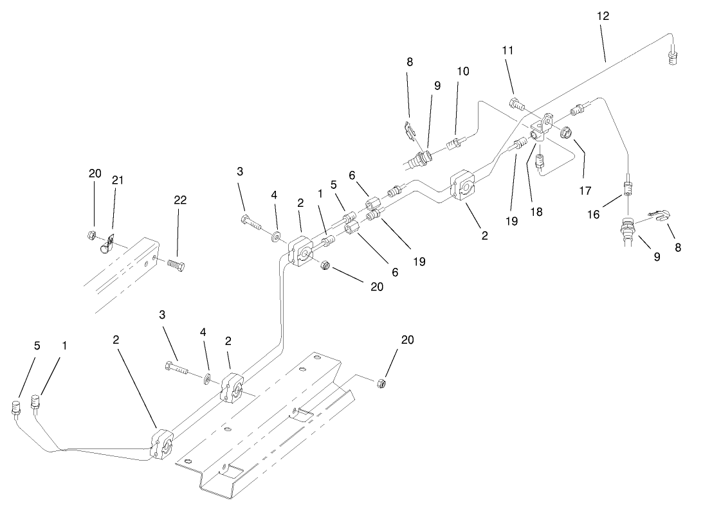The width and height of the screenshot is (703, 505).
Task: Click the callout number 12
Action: pyautogui.click(x=603, y=15)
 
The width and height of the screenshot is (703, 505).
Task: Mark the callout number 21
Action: pyautogui.click(x=118, y=181)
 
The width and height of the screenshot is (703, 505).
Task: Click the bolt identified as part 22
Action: pyautogui.click(x=174, y=265)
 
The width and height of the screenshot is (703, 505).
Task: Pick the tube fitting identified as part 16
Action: pyautogui.click(x=628, y=188)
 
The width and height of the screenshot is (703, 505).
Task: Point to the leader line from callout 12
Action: pyautogui.click(x=605, y=46)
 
